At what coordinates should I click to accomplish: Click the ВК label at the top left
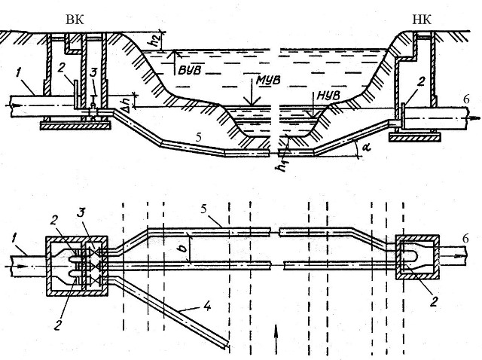(x=75, y=20)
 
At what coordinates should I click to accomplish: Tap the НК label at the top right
(x=422, y=20)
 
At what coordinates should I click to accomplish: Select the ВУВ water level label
(x=190, y=70)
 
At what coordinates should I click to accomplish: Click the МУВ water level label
(x=268, y=81)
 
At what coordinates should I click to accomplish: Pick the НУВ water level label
(x=328, y=96)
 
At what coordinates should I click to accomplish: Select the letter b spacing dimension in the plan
(x=184, y=248)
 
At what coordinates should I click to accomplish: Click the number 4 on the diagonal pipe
(x=208, y=306)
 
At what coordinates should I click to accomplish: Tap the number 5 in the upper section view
(x=199, y=137)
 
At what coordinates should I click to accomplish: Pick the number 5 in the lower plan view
(x=203, y=209)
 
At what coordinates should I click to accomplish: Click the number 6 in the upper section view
(x=466, y=99)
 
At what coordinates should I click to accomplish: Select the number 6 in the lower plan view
(x=465, y=238)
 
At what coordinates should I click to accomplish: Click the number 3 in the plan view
(x=81, y=212)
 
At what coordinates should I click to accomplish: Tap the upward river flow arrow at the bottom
(x=276, y=339)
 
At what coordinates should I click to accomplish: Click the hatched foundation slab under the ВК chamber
(x=75, y=125)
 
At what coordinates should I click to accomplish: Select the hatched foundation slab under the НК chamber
(x=415, y=137)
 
